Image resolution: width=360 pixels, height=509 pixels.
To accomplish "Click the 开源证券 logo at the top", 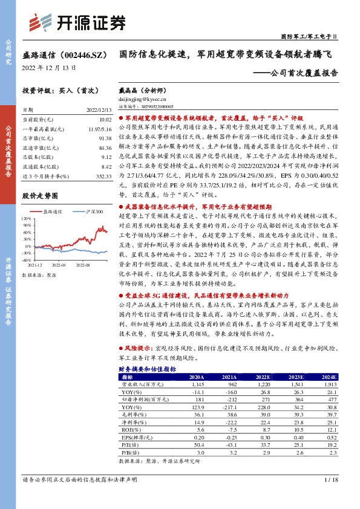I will [77, 22].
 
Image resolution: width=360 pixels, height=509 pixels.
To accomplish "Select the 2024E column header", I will [328, 376].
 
